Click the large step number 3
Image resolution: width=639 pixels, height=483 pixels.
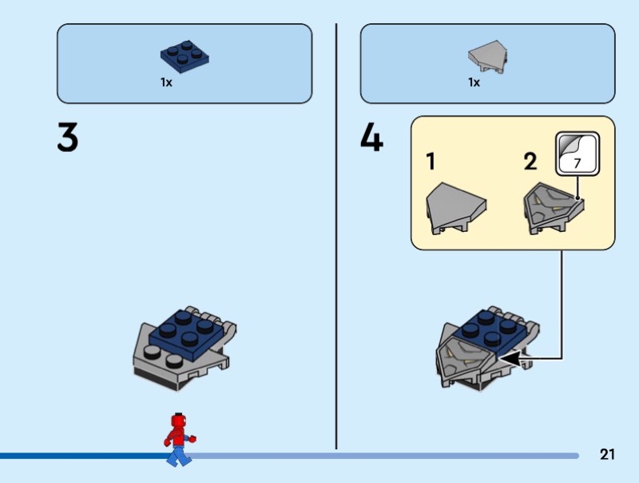pos(68,138)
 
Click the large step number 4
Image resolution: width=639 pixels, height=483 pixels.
pos(371,138)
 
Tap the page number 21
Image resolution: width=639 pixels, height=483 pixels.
pos(607,454)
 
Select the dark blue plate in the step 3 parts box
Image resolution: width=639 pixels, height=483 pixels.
pos(185,56)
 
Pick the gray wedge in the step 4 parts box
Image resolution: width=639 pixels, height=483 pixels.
pos(487,57)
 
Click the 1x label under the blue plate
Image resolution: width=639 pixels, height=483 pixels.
pos(166,82)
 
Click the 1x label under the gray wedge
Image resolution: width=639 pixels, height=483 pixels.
pos(474,82)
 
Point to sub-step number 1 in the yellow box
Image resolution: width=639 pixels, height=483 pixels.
pos(431,161)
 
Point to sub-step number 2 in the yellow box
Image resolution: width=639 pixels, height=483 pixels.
pos(530,162)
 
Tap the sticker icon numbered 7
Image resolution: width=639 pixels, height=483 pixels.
pos(577,154)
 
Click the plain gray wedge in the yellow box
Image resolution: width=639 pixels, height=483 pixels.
pos(455,208)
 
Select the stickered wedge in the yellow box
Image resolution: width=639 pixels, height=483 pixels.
pos(554,208)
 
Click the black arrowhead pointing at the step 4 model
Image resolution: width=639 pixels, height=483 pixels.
pos(510,359)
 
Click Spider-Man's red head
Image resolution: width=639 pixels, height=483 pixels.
pos(178,421)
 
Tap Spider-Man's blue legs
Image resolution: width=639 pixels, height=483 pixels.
pos(178,456)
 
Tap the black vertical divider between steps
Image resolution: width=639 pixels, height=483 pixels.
pos(336,236)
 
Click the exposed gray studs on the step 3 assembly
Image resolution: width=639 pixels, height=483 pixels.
pos(163,355)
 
